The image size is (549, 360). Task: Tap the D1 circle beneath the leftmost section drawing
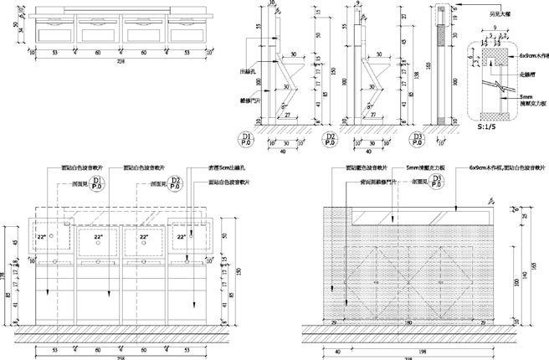[245, 138]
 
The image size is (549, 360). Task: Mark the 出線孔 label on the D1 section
[249, 70]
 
